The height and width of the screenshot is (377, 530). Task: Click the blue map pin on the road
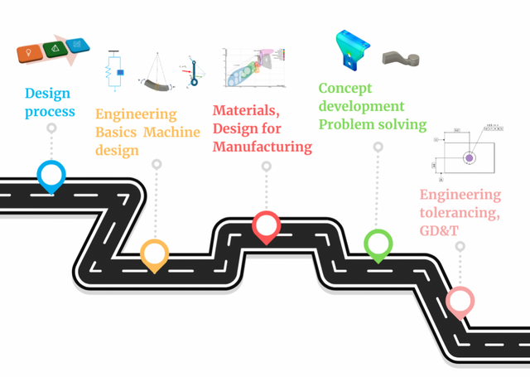click(51, 174)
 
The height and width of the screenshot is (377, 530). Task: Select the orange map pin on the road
click(155, 253)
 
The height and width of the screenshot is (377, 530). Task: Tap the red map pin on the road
click(266, 225)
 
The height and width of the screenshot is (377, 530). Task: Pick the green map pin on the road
click(378, 244)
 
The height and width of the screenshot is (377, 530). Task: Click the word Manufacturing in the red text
click(263, 147)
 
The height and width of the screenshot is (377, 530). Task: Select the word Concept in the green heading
click(345, 89)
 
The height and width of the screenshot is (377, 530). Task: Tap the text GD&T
click(439, 230)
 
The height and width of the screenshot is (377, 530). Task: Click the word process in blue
click(50, 112)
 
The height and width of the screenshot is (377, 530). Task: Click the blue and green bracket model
click(352, 52)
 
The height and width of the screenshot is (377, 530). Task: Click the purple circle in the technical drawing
click(470, 157)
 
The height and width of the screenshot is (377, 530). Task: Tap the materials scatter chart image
click(253, 66)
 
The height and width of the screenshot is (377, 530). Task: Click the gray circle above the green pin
click(378, 147)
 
